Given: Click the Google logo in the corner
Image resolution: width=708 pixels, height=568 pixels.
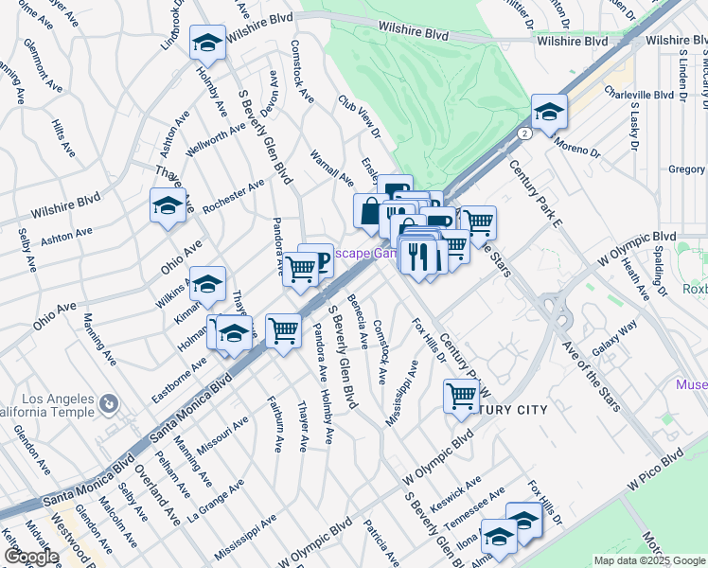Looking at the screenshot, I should [x=31, y=557].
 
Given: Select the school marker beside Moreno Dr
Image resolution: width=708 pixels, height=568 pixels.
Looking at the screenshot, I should [x=549, y=114].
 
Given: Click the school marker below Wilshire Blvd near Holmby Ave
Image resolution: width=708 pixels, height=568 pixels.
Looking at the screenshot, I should [x=207, y=44].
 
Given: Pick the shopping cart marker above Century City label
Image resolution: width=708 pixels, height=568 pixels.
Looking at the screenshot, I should [x=461, y=397].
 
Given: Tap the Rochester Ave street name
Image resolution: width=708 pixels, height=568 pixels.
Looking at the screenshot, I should [x=233, y=197].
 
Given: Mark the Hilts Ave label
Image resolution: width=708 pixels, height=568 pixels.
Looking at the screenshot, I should [x=62, y=138].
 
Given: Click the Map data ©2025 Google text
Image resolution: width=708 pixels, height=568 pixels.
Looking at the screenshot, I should [x=648, y=560].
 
